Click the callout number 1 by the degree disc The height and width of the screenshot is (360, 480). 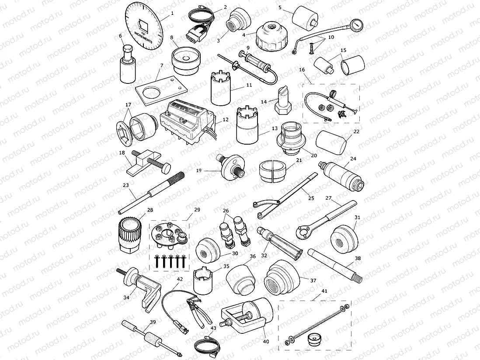coord(172,13)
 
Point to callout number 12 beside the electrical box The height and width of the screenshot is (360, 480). coord(226,119)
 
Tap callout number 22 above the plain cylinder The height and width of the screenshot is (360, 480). coord(356,131)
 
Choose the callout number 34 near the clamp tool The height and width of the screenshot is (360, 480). coord(126,298)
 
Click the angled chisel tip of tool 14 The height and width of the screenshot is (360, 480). coord(282,91)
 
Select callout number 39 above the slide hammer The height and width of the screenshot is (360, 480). coord(153,322)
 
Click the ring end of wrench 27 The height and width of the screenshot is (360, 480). coord(302,231)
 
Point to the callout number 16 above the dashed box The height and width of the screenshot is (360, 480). coord(302,69)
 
